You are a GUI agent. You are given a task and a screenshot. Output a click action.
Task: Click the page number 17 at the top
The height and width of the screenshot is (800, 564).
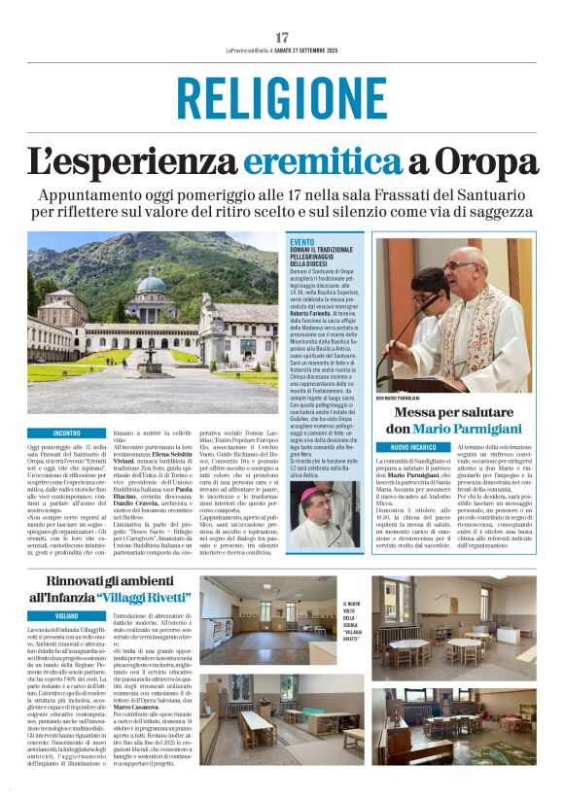pyautogui.click(x=282, y=37)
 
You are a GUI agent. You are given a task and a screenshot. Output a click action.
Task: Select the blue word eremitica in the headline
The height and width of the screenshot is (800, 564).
pyautogui.click(x=333, y=160)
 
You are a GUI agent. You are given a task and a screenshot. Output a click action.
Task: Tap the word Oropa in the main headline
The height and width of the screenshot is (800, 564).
pyautogui.click(x=485, y=160)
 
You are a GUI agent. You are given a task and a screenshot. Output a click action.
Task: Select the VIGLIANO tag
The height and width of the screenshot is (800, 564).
pyautogui.click(x=67, y=614)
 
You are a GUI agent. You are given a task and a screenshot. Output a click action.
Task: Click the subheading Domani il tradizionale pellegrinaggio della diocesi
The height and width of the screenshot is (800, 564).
pyautogui.click(x=325, y=256)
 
